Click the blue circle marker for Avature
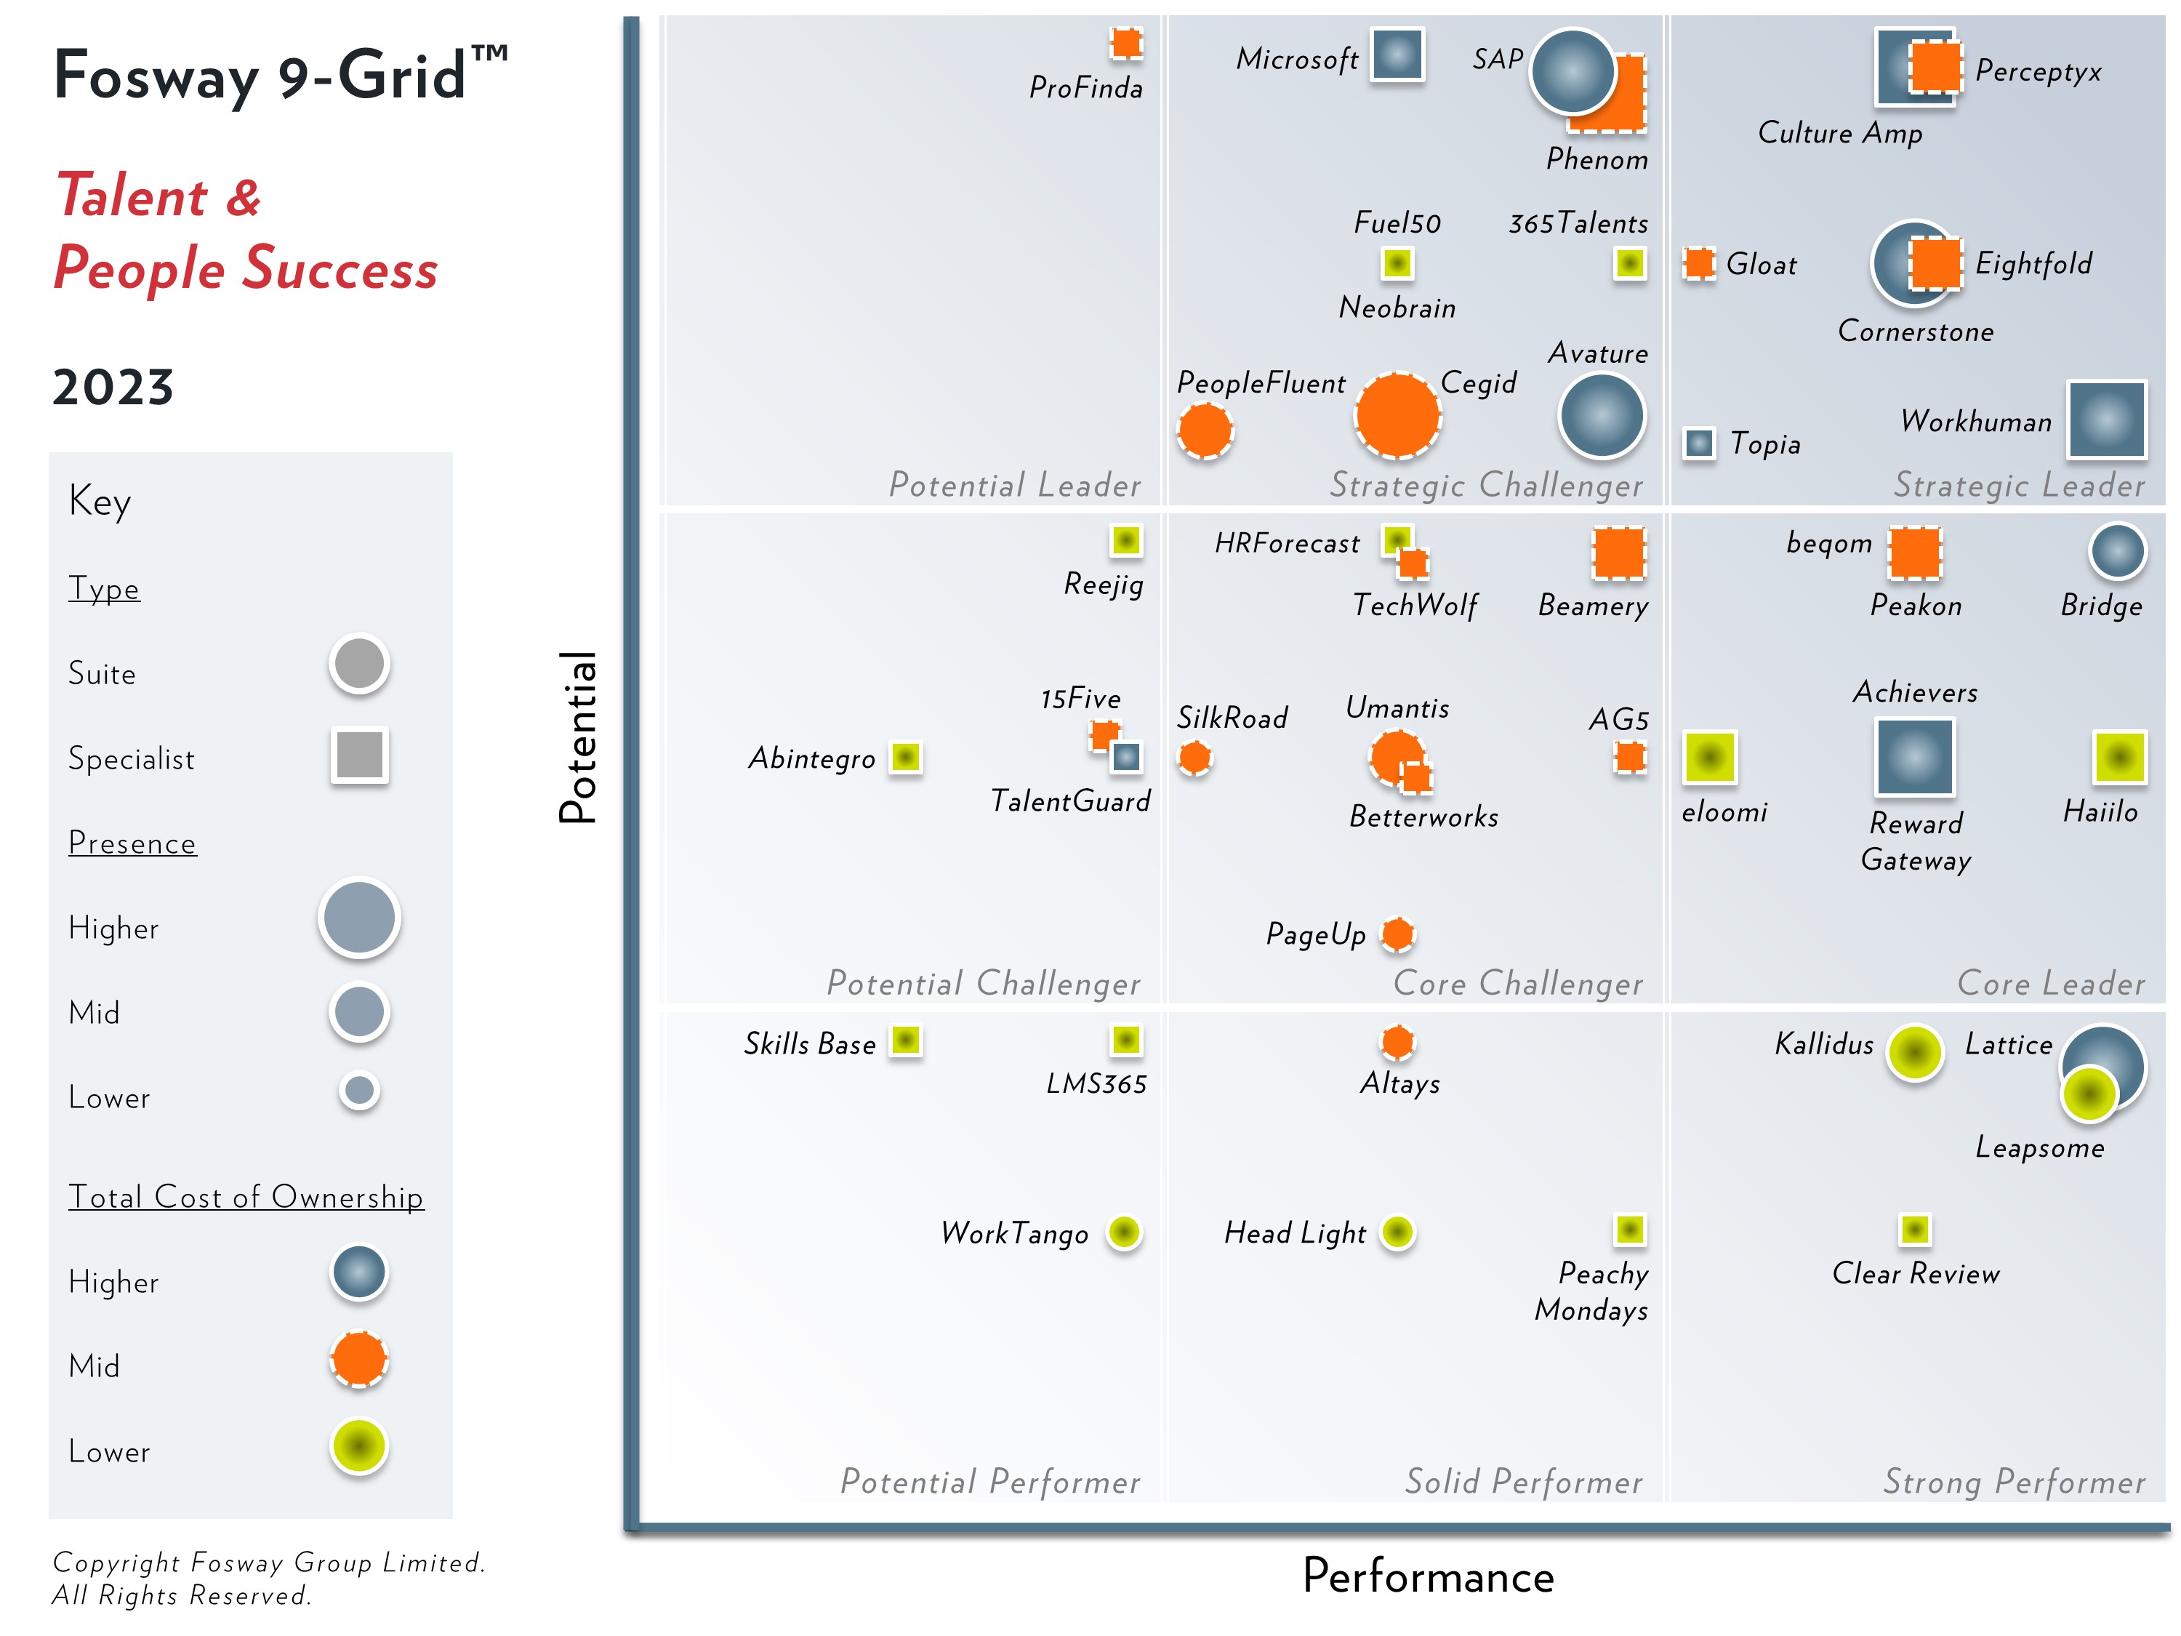(1602, 415)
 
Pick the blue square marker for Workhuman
(2106, 420)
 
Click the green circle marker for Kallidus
(1915, 1052)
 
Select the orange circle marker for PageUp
(1397, 934)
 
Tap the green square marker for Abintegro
(905, 758)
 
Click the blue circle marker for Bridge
(2117, 551)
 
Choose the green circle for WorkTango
(1124, 1232)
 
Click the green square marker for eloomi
(1710, 758)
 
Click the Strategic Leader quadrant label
(2018, 485)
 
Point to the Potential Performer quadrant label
(990, 1481)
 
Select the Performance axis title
(1428, 1576)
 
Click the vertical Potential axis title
(578, 737)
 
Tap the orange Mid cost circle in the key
(360, 1359)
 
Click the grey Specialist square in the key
(360, 755)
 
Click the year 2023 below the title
(113, 387)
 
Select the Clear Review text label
(1915, 1273)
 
